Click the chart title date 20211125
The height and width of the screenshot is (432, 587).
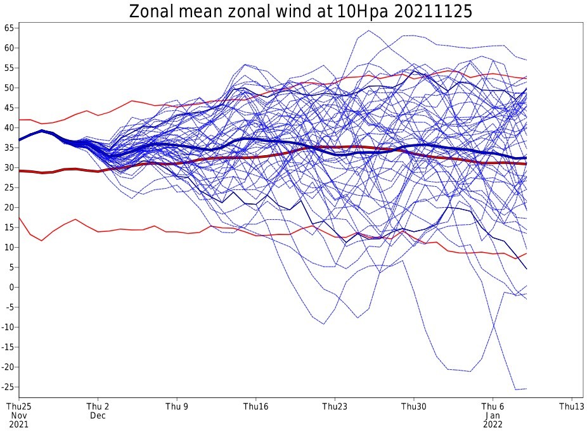point(433,11)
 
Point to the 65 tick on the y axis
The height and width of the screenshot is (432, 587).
point(10,28)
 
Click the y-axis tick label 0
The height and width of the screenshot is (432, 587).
point(12,287)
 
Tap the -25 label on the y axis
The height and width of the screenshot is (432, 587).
point(8,387)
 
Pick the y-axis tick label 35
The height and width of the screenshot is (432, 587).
point(10,148)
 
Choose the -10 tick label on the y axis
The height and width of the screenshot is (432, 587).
point(8,327)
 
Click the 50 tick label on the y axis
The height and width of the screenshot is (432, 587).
point(10,88)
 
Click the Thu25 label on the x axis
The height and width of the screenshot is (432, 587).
point(19,407)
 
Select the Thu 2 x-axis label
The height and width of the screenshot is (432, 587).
point(98,407)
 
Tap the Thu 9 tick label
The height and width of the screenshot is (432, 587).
point(177,407)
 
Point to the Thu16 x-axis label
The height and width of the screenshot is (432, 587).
point(255,407)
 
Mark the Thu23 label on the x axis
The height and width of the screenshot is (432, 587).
point(335,407)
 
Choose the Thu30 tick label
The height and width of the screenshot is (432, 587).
point(414,407)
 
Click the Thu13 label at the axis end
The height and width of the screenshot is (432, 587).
point(572,407)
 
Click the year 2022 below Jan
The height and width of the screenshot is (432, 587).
point(493,424)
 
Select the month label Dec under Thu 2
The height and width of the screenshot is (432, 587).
point(98,416)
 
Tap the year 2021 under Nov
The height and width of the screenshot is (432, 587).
point(19,424)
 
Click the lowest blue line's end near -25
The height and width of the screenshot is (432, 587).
point(527,389)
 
